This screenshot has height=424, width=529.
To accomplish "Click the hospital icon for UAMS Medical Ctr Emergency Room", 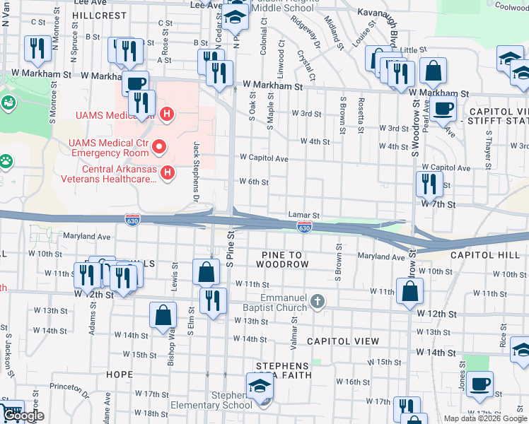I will click(x=160, y=148).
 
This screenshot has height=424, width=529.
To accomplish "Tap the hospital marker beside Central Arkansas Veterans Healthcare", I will click(x=168, y=172).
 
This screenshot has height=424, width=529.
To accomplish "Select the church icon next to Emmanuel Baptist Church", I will click(x=318, y=302).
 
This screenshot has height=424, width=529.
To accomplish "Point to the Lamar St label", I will click(x=304, y=215).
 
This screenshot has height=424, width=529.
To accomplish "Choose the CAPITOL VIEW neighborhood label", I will click(x=343, y=341).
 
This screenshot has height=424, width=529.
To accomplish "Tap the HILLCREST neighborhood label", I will click(x=99, y=14).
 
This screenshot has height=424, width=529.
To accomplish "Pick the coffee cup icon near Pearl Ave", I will click(x=443, y=109).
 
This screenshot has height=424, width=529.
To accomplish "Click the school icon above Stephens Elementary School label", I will click(x=258, y=386).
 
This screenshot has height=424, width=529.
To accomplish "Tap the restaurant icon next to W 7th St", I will click(x=429, y=184).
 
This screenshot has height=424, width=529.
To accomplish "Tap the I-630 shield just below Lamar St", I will click(x=304, y=228).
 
